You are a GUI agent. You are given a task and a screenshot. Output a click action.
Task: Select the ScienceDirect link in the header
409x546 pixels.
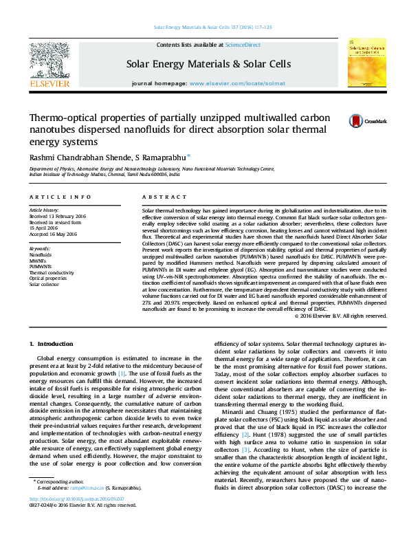coord(243,45)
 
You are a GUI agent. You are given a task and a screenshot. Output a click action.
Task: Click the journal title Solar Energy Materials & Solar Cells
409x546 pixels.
coord(208,64)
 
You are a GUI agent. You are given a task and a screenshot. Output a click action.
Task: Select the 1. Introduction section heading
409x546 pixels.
coord(51,343)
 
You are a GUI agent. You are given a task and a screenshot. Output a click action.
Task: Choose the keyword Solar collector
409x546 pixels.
coord(44,284)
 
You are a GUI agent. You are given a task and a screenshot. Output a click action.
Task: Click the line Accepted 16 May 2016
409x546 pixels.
coord(53,234)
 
